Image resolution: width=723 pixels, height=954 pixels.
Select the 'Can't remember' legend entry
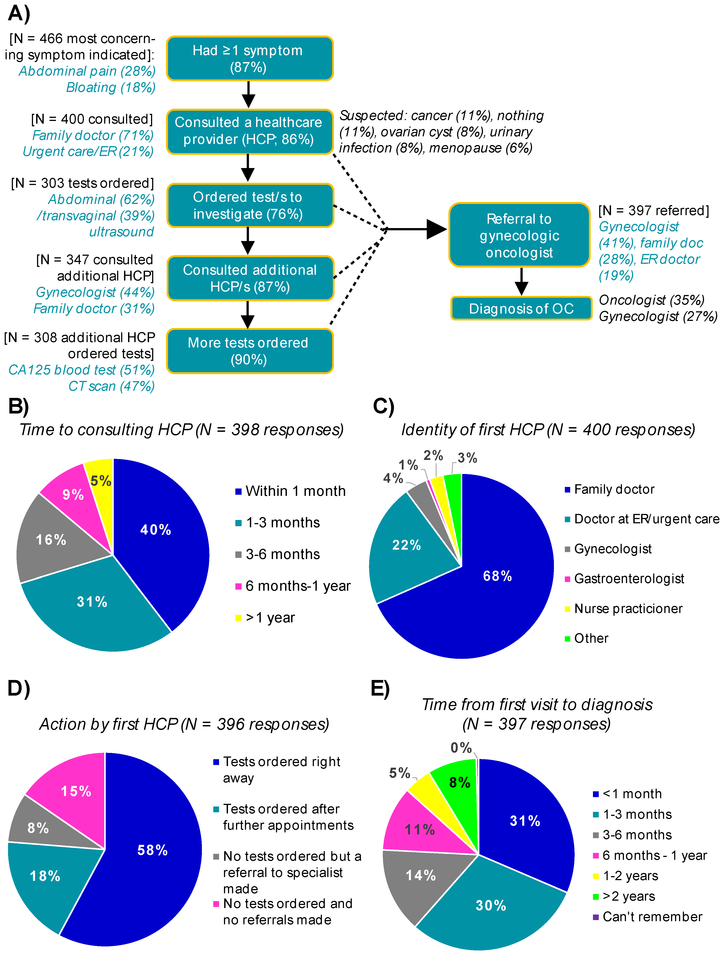pos(652,917)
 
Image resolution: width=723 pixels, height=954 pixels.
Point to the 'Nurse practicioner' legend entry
pos(628,609)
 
